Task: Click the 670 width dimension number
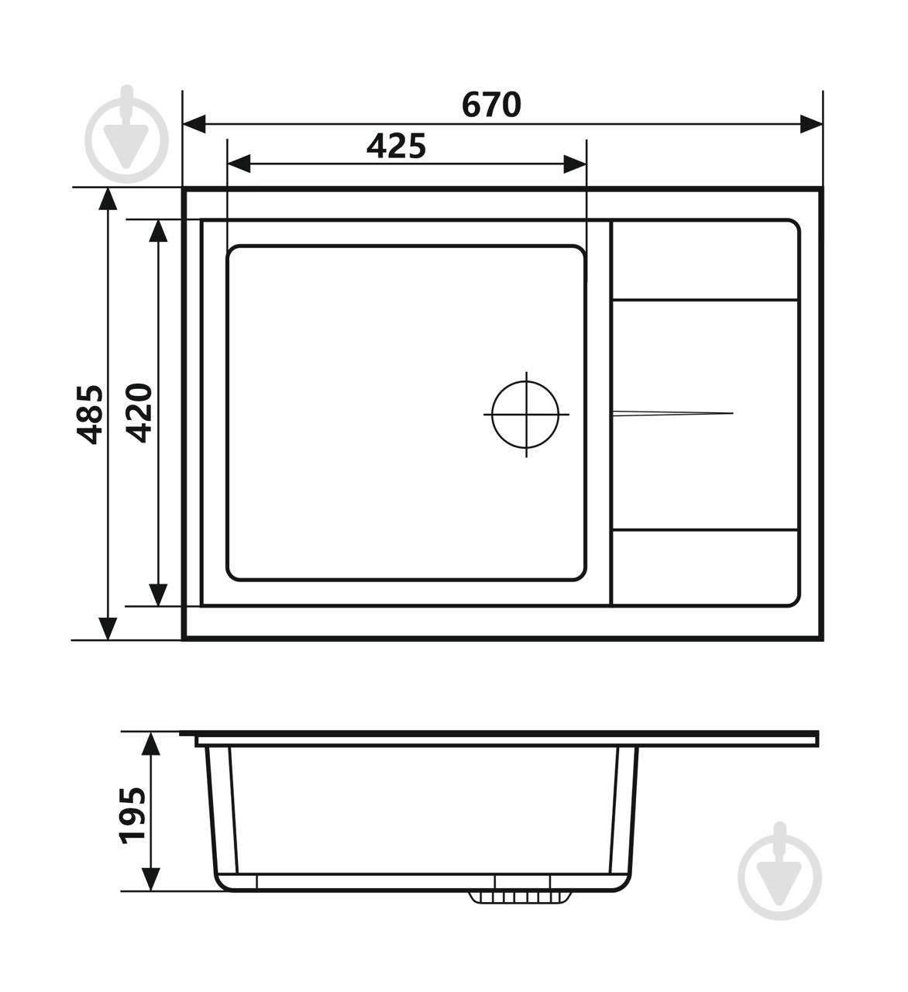coord(491,105)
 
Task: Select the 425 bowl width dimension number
coord(396,146)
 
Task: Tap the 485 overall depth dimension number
coord(90,415)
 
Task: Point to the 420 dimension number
coord(139,412)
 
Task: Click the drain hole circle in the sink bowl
coord(525,415)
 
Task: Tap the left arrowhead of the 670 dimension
coord(194,124)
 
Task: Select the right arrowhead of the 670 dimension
coord(811,124)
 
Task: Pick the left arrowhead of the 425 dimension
coord(239,164)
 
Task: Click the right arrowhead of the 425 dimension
coord(575,164)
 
